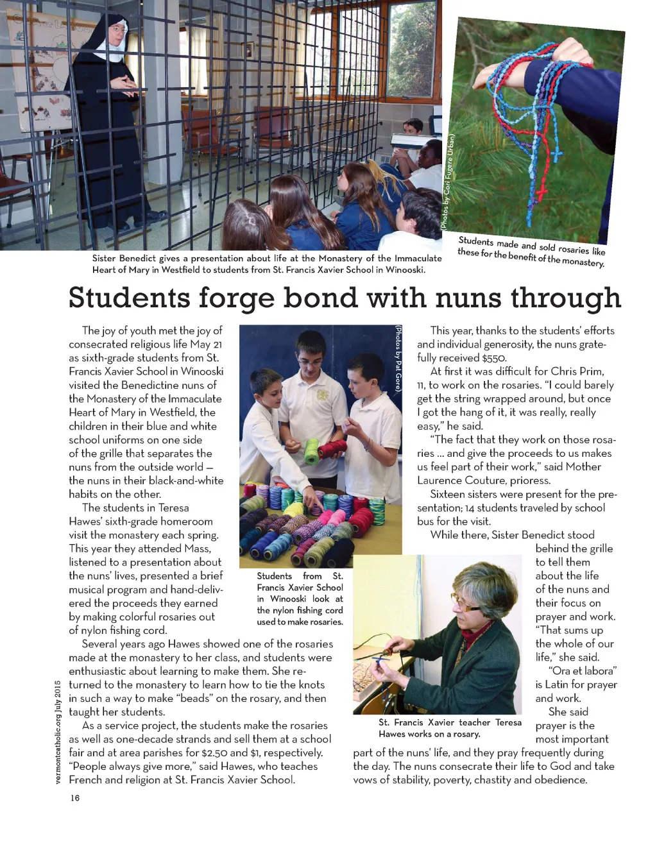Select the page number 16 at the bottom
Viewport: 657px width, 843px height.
coord(75,797)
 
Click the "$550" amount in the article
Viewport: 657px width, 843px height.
coord(494,358)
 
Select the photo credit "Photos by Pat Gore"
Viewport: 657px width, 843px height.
coord(398,362)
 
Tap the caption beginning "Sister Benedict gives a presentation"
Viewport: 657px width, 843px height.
coord(267,264)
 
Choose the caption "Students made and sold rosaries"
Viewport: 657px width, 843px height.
coord(531,251)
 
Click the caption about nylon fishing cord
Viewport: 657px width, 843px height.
coord(300,599)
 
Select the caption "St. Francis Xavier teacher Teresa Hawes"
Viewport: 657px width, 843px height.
coord(449,728)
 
